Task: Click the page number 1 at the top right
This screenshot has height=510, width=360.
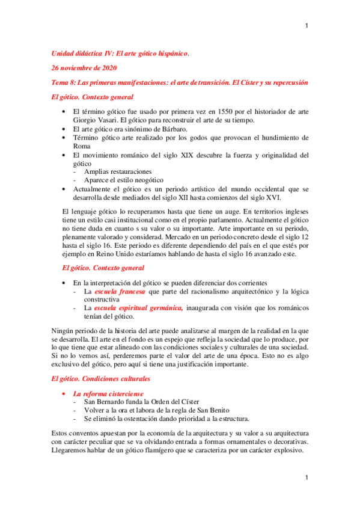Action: point(307,26)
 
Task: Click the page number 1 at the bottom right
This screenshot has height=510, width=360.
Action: point(307,478)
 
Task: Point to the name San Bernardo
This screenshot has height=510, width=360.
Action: point(106,402)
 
